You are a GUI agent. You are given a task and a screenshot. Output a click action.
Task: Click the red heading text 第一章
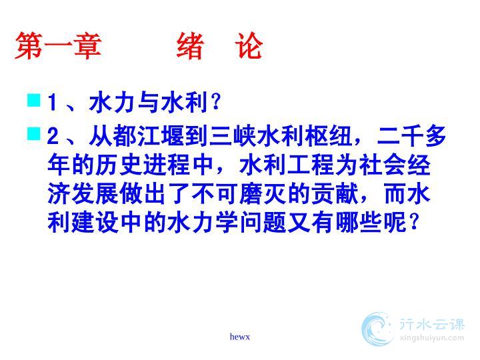(58, 46)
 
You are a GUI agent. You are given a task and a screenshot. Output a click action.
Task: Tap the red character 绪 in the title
(191, 46)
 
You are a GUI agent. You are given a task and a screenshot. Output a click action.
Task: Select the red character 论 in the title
(249, 46)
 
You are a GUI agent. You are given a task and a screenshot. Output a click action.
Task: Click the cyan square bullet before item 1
(34, 100)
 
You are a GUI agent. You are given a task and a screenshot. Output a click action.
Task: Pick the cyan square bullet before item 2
(34, 133)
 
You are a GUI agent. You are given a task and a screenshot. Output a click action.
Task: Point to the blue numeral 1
(53, 102)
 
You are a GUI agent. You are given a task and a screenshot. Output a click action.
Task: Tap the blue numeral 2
(53, 136)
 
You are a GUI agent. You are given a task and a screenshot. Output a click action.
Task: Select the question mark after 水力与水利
(216, 102)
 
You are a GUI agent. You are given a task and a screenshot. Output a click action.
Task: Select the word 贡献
(335, 194)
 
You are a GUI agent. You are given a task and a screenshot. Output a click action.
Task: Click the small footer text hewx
(240, 337)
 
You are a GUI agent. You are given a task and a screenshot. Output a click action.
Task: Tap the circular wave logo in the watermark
(377, 329)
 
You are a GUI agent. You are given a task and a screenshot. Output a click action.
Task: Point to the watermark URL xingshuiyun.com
(432, 338)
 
